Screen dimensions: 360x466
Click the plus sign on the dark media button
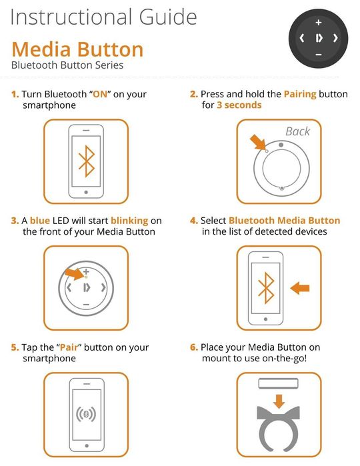point(319,22)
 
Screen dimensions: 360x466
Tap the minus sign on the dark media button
point(319,55)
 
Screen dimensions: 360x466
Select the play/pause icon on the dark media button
point(319,39)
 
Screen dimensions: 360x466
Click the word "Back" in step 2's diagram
point(297,131)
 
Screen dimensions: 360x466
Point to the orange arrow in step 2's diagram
point(257,143)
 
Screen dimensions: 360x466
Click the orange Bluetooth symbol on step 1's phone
point(87,161)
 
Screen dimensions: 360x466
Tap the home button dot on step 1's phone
point(86,192)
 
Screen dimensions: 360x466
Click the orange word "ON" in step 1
point(100,94)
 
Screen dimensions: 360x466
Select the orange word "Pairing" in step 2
point(300,94)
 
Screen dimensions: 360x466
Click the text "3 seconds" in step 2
point(239,105)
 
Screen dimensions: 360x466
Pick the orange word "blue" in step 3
point(40,221)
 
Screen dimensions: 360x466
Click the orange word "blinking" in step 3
point(129,221)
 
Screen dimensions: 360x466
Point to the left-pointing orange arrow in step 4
point(299,288)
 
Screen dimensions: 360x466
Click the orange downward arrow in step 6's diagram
point(279,401)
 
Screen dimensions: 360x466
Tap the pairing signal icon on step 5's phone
point(86,414)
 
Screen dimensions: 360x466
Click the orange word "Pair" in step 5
point(69,347)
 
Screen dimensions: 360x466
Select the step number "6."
point(194,347)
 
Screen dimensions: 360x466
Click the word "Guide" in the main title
point(168,17)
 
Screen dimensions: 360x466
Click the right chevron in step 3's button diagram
point(103,287)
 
